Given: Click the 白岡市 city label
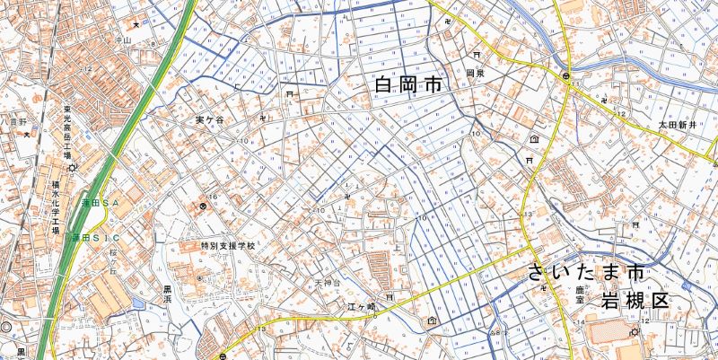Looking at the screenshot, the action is [x=409, y=86].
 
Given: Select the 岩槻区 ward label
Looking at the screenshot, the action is [x=635, y=300].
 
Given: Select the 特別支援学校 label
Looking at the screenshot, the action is [x=227, y=245].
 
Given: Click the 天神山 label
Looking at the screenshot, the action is [x=322, y=284].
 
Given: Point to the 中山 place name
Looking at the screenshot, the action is [x=123, y=40].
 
